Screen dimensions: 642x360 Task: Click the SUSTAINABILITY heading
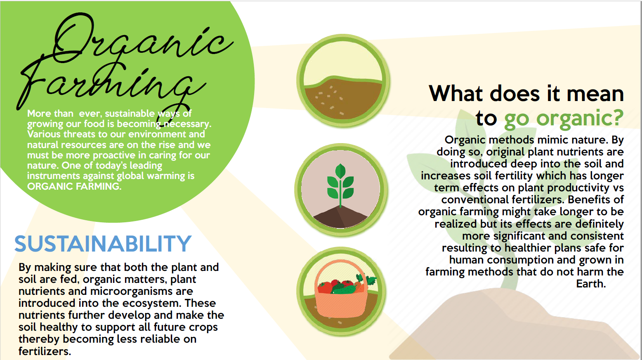[x=103, y=244]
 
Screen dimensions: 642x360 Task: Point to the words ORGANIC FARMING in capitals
[x=74, y=186]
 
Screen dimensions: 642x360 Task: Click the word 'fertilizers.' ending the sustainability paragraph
[x=45, y=351]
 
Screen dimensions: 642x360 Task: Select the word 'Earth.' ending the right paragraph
[x=591, y=284]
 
